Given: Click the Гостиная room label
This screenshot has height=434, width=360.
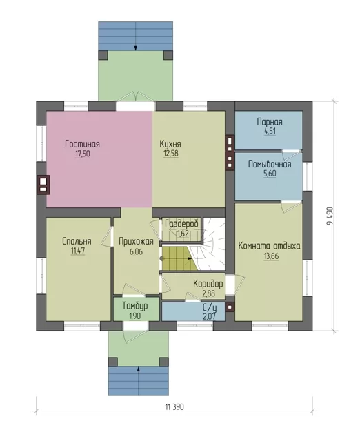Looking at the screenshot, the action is point(82,144).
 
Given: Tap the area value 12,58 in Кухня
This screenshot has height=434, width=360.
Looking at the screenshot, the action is point(171,154).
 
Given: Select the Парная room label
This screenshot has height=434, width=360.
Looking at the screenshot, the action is point(270,122).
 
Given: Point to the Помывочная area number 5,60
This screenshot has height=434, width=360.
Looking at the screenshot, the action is point(270,174).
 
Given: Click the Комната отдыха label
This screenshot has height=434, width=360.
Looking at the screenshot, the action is point(269,246).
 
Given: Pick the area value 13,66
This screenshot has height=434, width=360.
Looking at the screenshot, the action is point(271,256).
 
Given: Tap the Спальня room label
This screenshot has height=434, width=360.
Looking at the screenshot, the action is point(77,241).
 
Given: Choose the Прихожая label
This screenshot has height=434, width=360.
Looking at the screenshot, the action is point(136,242).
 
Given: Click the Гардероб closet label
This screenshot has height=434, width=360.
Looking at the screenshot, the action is point(181,224).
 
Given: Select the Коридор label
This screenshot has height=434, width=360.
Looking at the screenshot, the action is point(208,284).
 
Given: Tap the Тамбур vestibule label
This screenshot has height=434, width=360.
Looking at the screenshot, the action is point(135,306).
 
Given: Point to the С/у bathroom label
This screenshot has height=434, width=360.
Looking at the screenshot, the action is point(210,307).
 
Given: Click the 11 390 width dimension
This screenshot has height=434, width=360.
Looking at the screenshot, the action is point(174,407).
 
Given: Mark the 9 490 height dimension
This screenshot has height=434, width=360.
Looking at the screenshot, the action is point(330,216).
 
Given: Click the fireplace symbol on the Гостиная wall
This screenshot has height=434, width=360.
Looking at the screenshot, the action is point(43,185).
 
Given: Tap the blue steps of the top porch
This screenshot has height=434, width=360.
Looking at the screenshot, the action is point(136,36).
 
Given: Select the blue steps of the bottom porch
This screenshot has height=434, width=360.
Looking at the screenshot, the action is point(139,381).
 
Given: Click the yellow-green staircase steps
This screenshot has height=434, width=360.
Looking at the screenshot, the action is point(179,259).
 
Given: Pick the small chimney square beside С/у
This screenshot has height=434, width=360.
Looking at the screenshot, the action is point(230,307).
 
